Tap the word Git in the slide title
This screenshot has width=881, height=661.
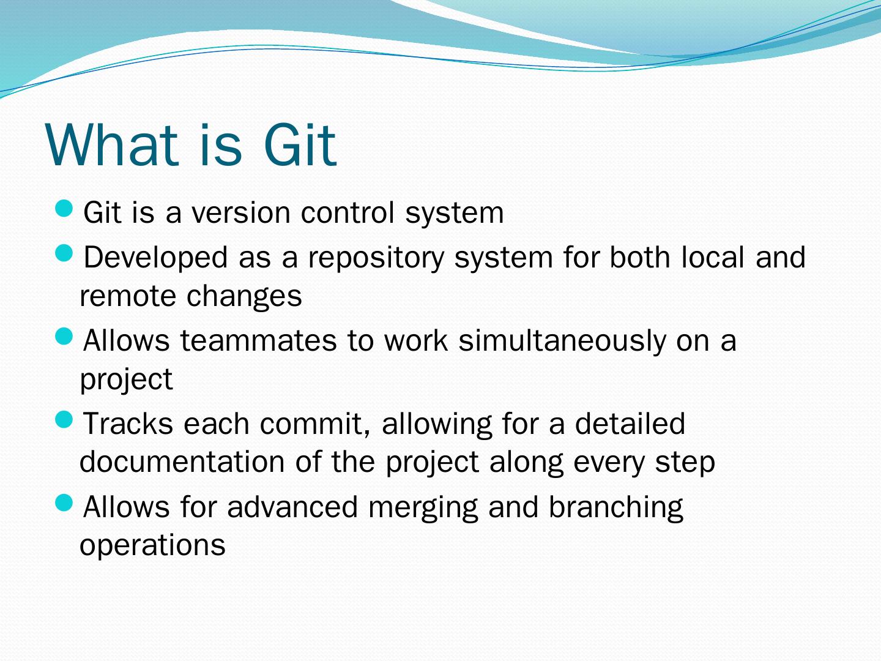(x=300, y=144)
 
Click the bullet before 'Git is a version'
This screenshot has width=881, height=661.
(x=64, y=209)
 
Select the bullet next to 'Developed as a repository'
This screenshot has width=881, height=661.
(x=64, y=254)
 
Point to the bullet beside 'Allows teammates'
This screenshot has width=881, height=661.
(x=64, y=337)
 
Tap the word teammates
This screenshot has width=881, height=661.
(x=258, y=340)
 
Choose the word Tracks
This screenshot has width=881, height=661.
(x=128, y=424)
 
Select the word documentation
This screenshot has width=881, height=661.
(x=182, y=462)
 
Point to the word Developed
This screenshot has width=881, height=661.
(x=156, y=258)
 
